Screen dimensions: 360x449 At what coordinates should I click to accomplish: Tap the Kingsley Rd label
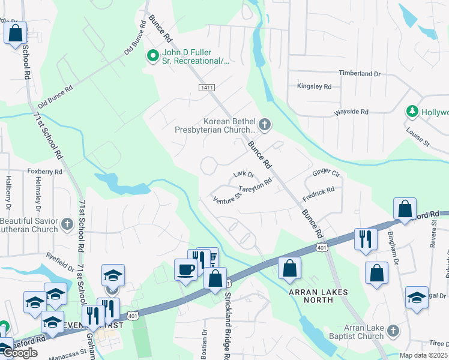pyautogui.click(x=314, y=87)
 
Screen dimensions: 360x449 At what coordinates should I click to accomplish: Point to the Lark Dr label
pyautogui.click(x=244, y=175)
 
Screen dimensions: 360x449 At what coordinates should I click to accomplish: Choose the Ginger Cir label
pyautogui.click(x=326, y=174)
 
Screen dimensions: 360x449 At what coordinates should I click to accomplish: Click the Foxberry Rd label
pyautogui.click(x=45, y=172)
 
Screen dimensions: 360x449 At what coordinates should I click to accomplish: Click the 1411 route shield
pyautogui.click(x=206, y=88)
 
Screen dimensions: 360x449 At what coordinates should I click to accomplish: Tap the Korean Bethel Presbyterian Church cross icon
pyautogui.click(x=265, y=125)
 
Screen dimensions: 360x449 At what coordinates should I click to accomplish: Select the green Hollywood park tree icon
pyautogui.click(x=412, y=112)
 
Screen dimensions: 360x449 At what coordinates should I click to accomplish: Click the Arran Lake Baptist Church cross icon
pyautogui.click(x=393, y=331)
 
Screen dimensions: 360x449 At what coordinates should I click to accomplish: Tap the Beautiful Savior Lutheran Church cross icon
pyautogui.click(x=67, y=226)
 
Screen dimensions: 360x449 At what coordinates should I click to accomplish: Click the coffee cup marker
pyautogui.click(x=185, y=268)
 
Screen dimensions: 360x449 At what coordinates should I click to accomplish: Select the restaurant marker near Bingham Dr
pyautogui.click(x=365, y=238)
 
